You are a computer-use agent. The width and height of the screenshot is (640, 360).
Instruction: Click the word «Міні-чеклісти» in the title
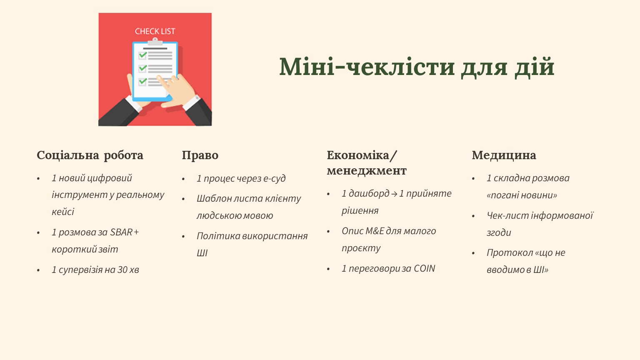pyautogui.click(x=367, y=67)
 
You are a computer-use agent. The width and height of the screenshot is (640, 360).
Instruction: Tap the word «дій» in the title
pyautogui.click(x=535, y=67)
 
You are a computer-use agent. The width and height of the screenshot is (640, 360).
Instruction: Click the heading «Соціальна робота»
pyautogui.click(x=90, y=155)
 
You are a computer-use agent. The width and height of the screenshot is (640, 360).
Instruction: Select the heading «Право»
pyautogui.click(x=200, y=155)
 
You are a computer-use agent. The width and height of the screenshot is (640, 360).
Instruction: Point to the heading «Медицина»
pyautogui.click(x=504, y=155)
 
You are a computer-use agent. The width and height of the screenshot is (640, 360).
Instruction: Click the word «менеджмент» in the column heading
pyautogui.click(x=367, y=171)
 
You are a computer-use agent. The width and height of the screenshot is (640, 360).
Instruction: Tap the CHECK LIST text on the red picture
pyautogui.click(x=155, y=31)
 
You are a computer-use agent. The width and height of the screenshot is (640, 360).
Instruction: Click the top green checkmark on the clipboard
pyautogui.click(x=143, y=55)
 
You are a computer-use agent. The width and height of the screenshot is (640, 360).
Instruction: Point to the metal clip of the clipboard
pyautogui.click(x=155, y=42)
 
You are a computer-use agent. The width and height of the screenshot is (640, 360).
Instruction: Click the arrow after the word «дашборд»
pyautogui.click(x=394, y=194)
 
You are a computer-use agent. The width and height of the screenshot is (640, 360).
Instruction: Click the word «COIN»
pyautogui.click(x=424, y=269)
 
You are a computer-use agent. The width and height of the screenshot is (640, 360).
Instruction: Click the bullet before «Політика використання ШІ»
pyautogui.click(x=183, y=237)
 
